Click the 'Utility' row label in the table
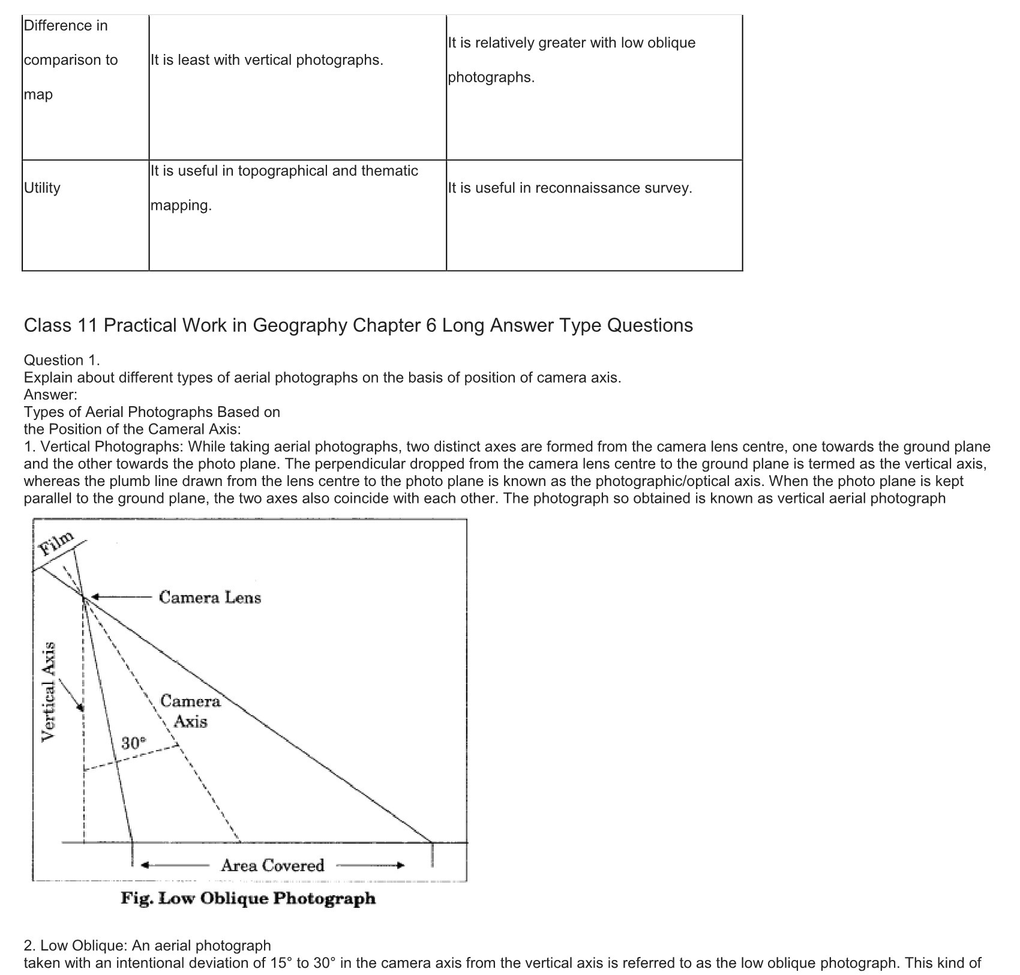43,188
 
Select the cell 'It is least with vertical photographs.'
266,60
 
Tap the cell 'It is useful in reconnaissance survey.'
569,188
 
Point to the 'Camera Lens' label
210,598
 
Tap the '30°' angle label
133,743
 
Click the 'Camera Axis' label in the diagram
191,711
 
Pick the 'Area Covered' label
272,865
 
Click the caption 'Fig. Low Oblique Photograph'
248,898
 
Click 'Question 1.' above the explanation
62,360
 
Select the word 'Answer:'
50,395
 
